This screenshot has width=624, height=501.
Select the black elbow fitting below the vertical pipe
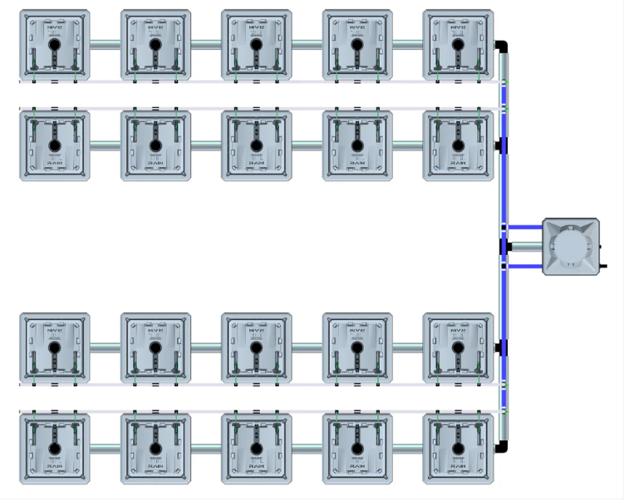[x=501, y=448]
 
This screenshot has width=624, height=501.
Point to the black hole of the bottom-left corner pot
[x=54, y=449]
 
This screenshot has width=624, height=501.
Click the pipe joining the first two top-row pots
[x=105, y=45]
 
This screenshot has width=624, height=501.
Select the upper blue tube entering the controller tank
[x=525, y=226]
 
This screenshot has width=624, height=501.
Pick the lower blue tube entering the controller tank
[x=525, y=267]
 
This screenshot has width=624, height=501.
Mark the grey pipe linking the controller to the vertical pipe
[x=525, y=247]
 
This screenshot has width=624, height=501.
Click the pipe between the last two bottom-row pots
[x=407, y=449]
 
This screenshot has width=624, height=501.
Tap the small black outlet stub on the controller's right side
[x=602, y=266]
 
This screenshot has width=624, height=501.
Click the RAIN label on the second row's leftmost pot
[x=54, y=163]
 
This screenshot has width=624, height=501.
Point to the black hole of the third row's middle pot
[x=256, y=348]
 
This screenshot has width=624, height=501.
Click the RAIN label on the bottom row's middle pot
[x=256, y=465]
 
